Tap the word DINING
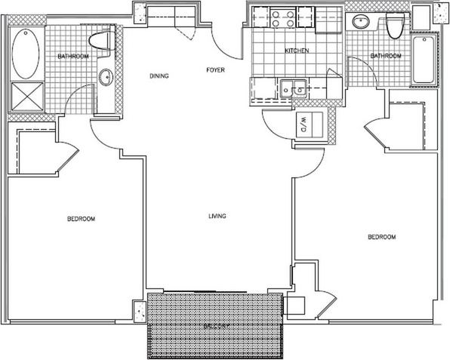click(159, 75)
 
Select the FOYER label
click(216, 71)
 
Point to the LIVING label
click(217, 217)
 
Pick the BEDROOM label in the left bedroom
click(81, 219)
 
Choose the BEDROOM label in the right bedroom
click(381, 238)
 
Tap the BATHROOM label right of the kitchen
click(385, 56)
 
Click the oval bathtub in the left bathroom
click(26, 50)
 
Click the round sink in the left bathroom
click(106, 76)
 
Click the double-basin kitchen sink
click(291, 88)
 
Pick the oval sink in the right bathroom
click(360, 22)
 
